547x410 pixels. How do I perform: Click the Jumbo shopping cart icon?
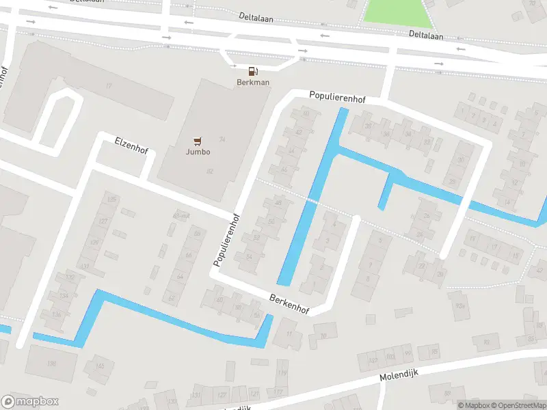tap(198, 141)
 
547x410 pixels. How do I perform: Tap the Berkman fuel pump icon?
tap(253, 71)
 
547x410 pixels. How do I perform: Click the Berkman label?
tap(253, 83)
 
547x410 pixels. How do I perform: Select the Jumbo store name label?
tap(198, 152)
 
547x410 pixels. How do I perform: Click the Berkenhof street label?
tap(289, 305)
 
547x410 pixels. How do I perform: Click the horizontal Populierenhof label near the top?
tap(337, 98)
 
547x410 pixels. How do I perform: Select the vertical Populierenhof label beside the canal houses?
tap(226, 239)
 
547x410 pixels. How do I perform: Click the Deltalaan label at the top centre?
tap(256, 17)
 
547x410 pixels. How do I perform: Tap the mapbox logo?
tap(30, 402)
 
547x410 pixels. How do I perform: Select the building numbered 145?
tap(100, 367)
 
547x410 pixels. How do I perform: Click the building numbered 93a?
tap(459, 306)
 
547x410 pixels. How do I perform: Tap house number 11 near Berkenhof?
tap(289, 333)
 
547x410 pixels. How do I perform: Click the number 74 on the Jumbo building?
tap(222, 139)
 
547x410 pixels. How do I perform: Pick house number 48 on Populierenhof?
tap(278, 202)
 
